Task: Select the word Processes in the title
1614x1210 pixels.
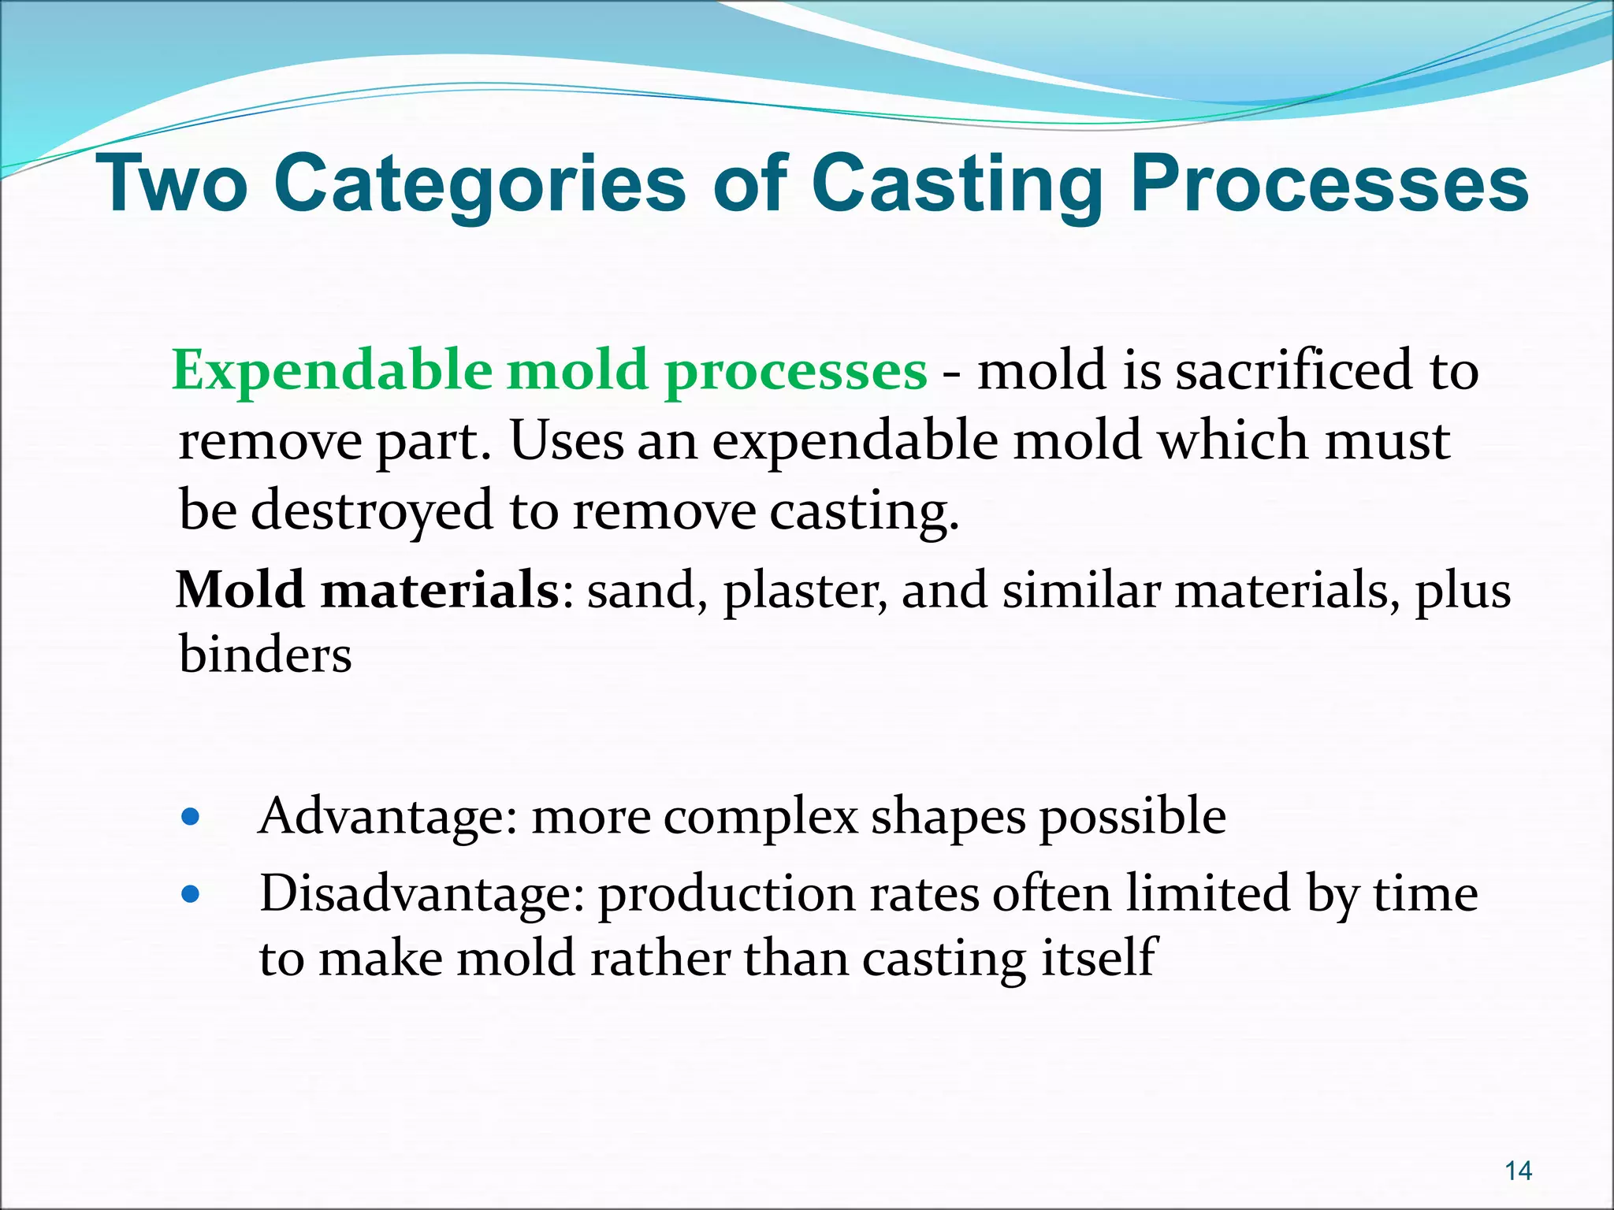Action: (x=1329, y=184)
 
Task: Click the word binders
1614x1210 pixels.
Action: (x=265, y=655)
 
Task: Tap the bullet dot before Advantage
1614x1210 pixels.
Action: (x=190, y=818)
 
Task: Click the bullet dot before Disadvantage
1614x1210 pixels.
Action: (x=190, y=895)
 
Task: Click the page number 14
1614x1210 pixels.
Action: (x=1518, y=1171)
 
